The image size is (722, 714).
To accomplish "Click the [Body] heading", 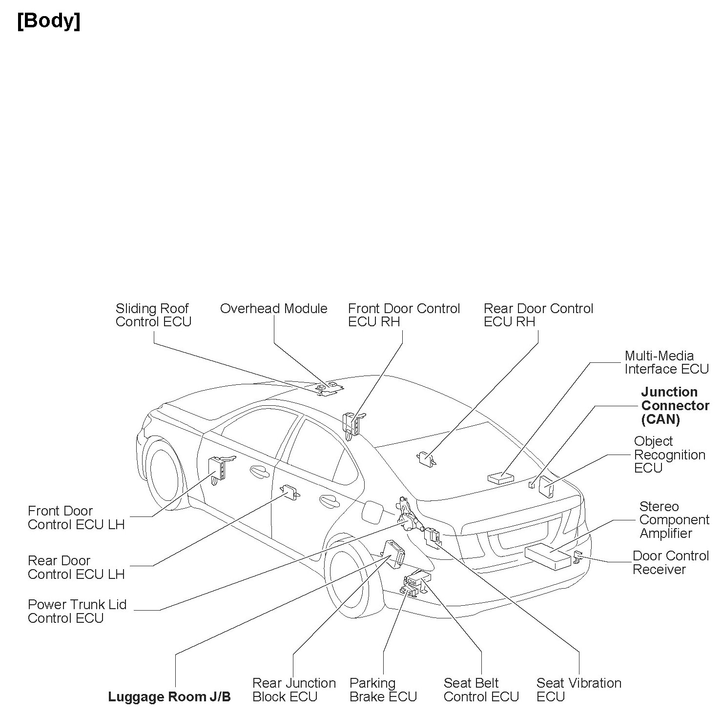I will pyautogui.click(x=49, y=21).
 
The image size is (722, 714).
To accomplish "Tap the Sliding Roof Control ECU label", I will pyautogui.click(x=153, y=315).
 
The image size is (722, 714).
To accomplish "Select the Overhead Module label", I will pyautogui.click(x=273, y=309).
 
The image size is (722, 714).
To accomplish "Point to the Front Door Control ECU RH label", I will pyautogui.click(x=404, y=315).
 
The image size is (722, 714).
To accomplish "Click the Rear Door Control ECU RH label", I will pyautogui.click(x=538, y=315).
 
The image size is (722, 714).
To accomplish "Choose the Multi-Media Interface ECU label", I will pyautogui.click(x=666, y=362).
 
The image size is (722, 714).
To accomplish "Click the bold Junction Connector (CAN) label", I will pyautogui.click(x=675, y=405).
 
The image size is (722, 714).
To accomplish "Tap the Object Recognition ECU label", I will pyautogui.click(x=669, y=455).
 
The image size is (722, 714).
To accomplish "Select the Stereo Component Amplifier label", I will pyautogui.click(x=674, y=520).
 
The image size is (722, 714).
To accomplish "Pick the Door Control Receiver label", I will pyautogui.click(x=670, y=562).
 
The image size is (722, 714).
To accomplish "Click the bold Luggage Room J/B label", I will pyautogui.click(x=169, y=697).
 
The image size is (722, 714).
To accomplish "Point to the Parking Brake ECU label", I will pyautogui.click(x=383, y=690).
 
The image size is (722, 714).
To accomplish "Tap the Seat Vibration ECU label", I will pyautogui.click(x=578, y=690).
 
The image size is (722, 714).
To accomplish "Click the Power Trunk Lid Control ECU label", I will pyautogui.click(x=77, y=611).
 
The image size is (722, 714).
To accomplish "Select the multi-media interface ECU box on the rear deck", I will pyautogui.click(x=500, y=478).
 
